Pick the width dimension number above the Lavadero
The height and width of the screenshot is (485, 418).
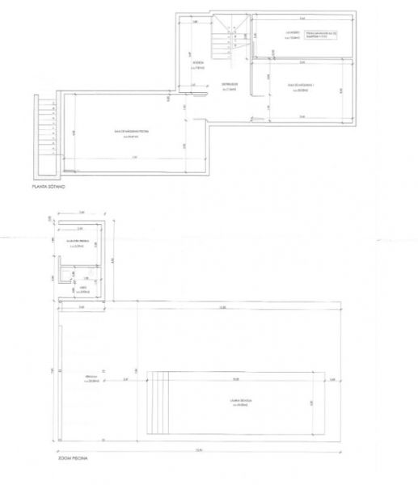point(302,17)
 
